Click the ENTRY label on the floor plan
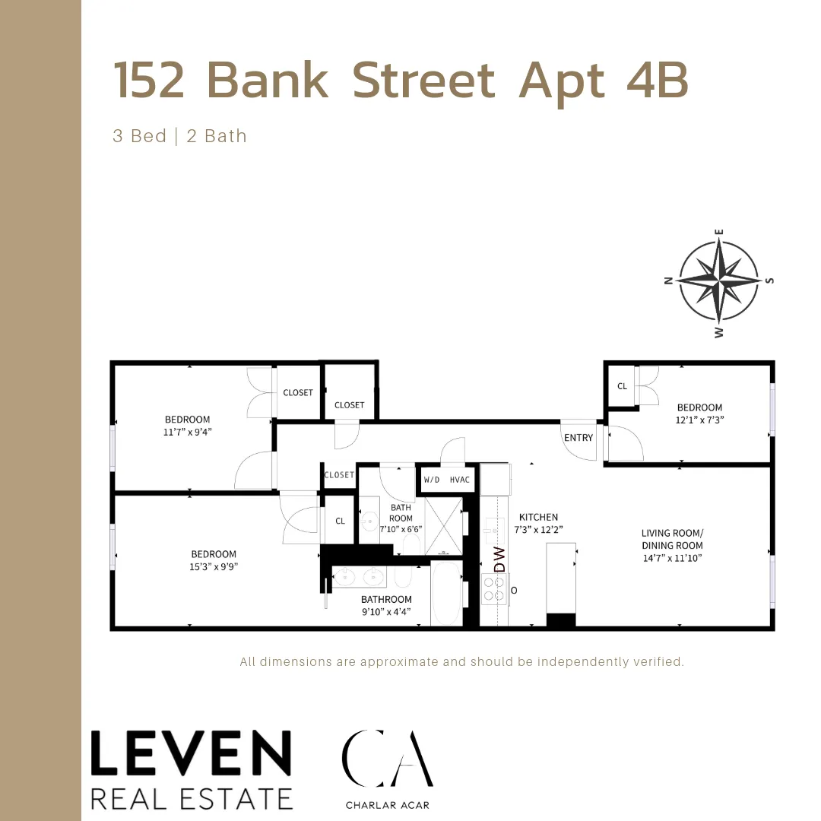pos(579,437)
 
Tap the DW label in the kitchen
pos(499,559)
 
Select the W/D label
pos(432,480)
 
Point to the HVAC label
pos(460,480)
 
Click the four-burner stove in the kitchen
pos(495,589)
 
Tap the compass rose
pos(718,281)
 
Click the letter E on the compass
pos(719,233)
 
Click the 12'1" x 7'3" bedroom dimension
pos(699,420)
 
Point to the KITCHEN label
pos(539,517)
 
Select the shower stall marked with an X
pos(443,524)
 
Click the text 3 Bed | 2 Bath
pos(179,136)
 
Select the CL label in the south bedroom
pos(622,386)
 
